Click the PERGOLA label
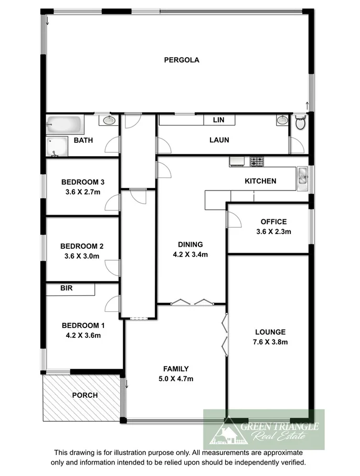click(182, 60)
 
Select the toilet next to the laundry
click(300, 123)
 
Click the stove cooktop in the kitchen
click(257, 162)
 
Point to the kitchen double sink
click(302, 177)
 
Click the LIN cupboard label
click(218, 120)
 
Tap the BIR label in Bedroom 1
click(66, 288)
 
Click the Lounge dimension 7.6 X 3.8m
click(270, 342)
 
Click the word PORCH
click(85, 395)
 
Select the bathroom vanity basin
click(109, 121)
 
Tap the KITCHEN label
click(260, 181)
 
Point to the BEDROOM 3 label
click(83, 182)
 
